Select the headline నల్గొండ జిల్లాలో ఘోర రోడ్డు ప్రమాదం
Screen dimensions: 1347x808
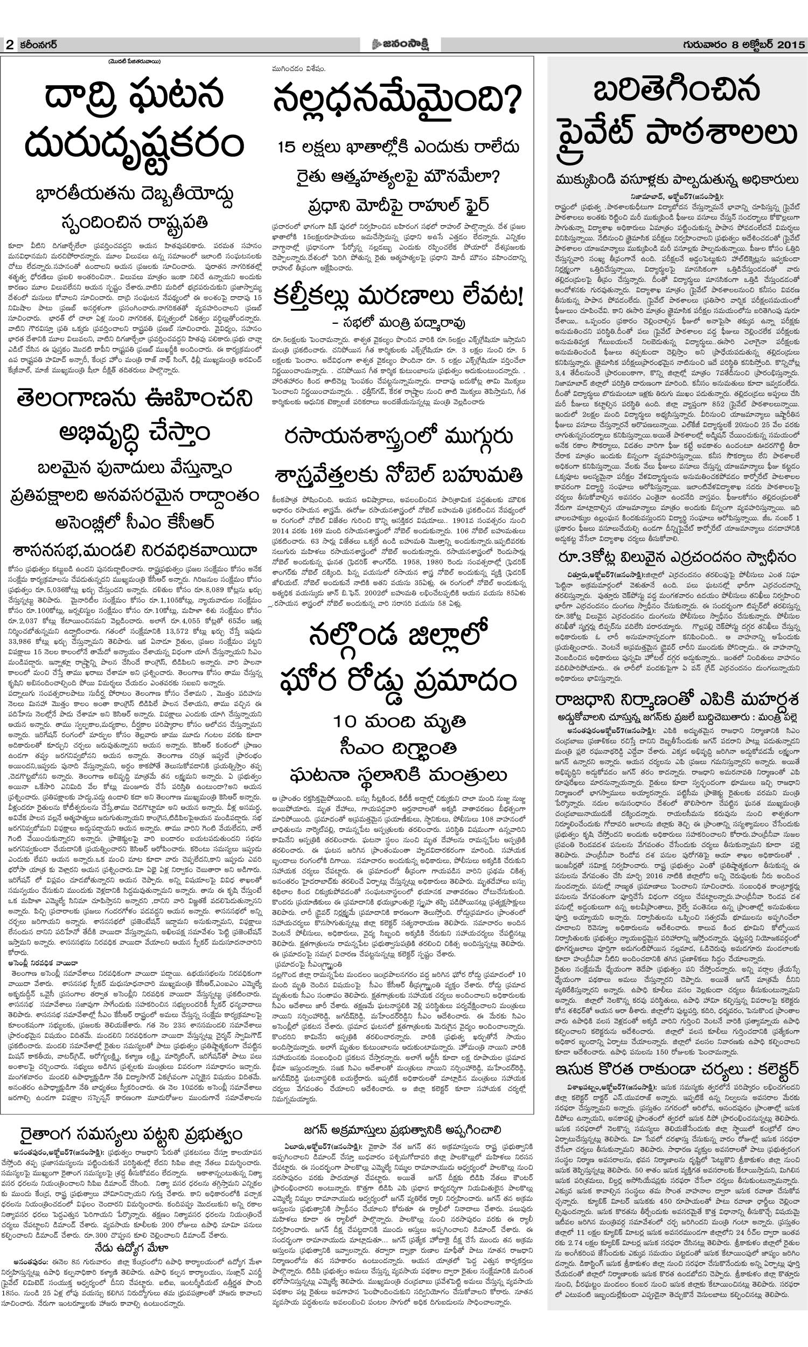(x=398, y=658)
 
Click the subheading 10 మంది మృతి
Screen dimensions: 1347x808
(x=399, y=722)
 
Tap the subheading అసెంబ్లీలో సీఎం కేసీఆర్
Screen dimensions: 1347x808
(x=134, y=523)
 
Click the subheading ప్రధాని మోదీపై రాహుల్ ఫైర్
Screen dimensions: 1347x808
(x=398, y=206)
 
